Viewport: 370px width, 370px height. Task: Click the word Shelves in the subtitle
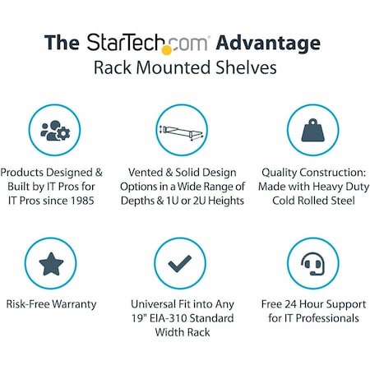coord(249,68)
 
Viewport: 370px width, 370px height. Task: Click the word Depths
coord(150,202)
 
